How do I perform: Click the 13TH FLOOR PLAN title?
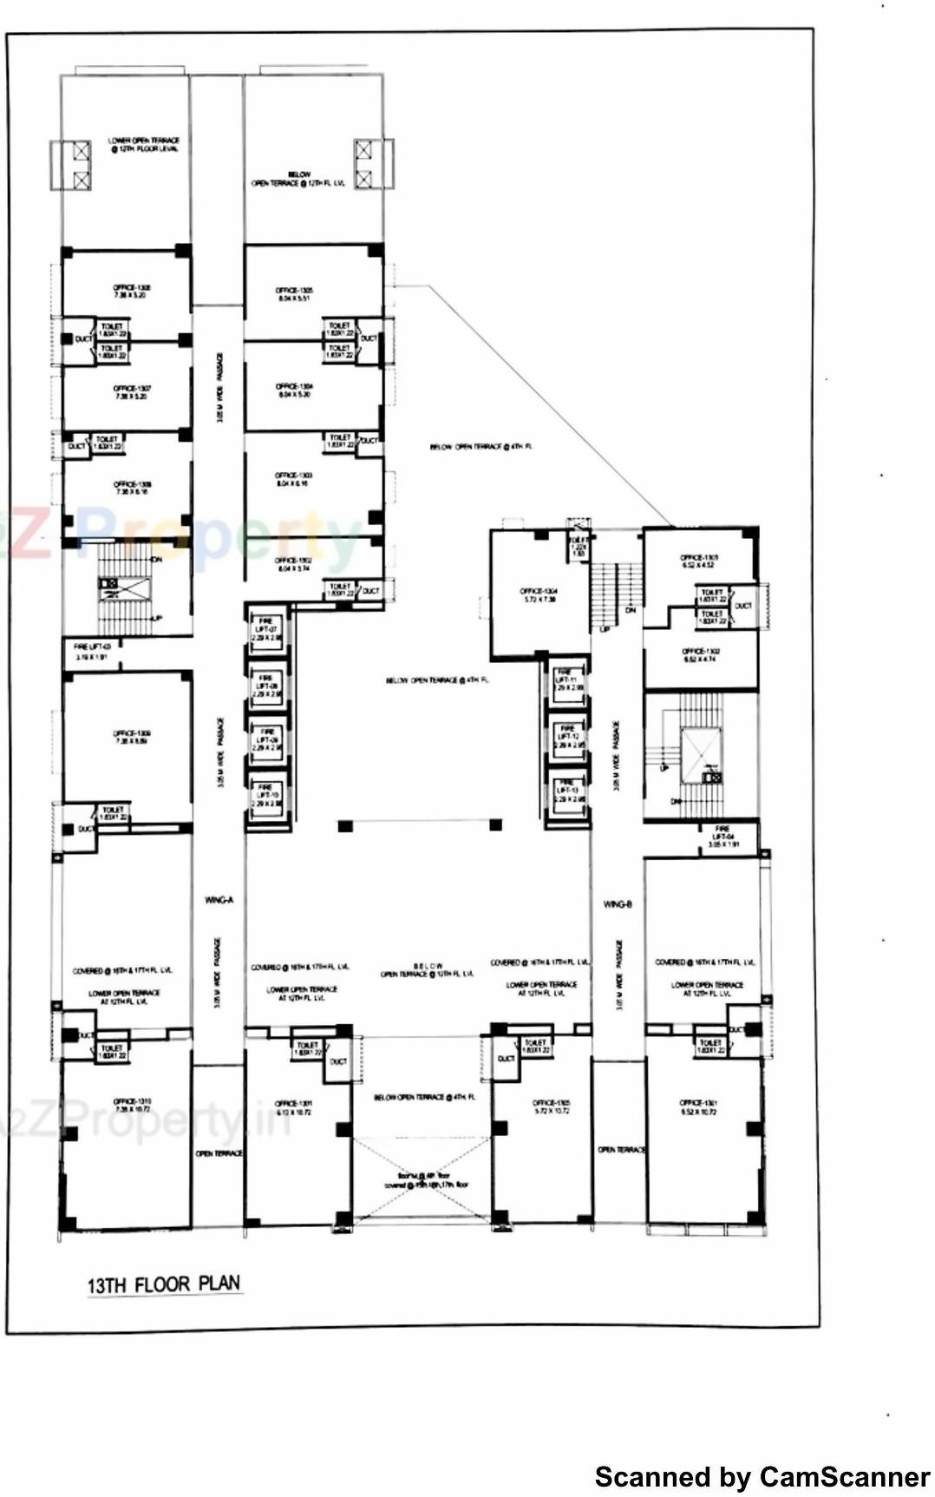[164, 1284]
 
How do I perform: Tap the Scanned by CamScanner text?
[762, 1476]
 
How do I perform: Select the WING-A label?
[219, 900]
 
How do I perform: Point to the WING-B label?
[618, 904]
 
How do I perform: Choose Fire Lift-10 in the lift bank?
[266, 795]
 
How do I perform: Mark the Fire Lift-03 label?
[92, 652]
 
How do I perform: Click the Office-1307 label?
[132, 392]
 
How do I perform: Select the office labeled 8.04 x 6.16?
[293, 480]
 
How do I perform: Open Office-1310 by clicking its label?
[132, 1106]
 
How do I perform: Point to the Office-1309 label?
[132, 737]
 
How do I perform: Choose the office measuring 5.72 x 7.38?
[539, 594]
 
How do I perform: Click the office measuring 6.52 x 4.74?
[699, 654]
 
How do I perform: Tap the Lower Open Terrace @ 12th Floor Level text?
[144, 145]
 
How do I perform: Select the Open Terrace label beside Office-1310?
[219, 1153]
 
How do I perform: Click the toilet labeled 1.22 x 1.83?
[578, 548]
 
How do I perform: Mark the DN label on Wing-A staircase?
[156, 560]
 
